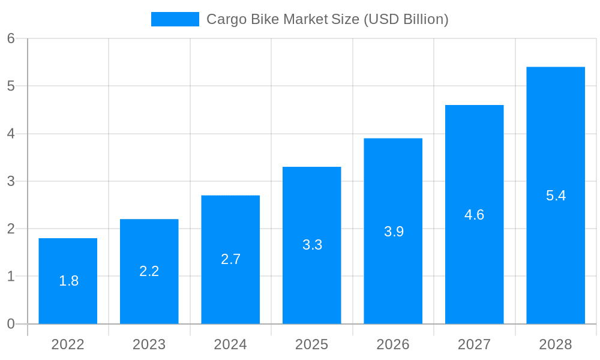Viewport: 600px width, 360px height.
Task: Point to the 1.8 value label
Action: pos(68,280)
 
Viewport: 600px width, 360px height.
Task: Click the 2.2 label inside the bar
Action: pos(149,271)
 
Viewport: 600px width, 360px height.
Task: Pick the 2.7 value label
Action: pos(230,259)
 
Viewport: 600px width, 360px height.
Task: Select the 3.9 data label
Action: pos(394,232)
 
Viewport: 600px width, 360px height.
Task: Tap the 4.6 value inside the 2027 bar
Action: pos(474,215)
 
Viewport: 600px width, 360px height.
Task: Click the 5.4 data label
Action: pos(556,196)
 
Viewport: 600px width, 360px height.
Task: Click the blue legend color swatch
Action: pos(175,19)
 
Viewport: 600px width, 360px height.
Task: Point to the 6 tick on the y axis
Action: pos(11,38)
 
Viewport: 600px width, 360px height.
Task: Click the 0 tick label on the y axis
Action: pos(11,324)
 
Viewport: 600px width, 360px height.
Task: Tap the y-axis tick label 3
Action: pos(11,181)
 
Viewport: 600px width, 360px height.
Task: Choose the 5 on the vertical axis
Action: pos(11,86)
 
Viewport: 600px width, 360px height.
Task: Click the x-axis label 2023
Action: pos(149,344)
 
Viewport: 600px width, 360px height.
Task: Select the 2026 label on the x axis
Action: pos(393,344)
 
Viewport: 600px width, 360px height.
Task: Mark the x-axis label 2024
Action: pos(230,344)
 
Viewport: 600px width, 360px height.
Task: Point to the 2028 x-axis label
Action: pos(556,344)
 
